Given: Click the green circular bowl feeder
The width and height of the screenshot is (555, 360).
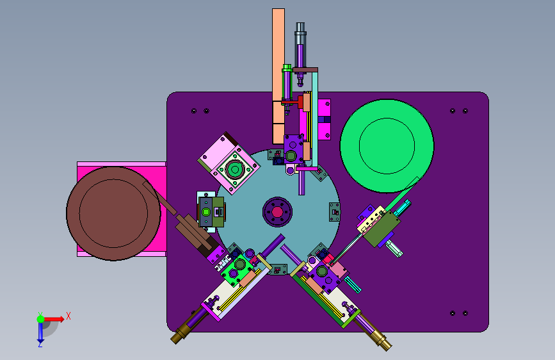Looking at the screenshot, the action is click(387, 146).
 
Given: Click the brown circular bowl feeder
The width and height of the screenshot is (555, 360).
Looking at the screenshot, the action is click(113, 213).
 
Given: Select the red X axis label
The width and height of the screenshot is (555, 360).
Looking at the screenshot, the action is click(68, 316).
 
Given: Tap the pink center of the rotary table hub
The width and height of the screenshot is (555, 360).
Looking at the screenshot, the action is click(277, 212).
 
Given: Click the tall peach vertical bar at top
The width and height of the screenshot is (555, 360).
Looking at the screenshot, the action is click(278, 76).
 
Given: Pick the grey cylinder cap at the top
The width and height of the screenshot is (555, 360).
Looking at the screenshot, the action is click(300, 29).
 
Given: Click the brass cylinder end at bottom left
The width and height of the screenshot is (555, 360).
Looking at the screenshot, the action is click(181, 334).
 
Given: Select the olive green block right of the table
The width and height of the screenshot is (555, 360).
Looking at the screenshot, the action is click(382, 228).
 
